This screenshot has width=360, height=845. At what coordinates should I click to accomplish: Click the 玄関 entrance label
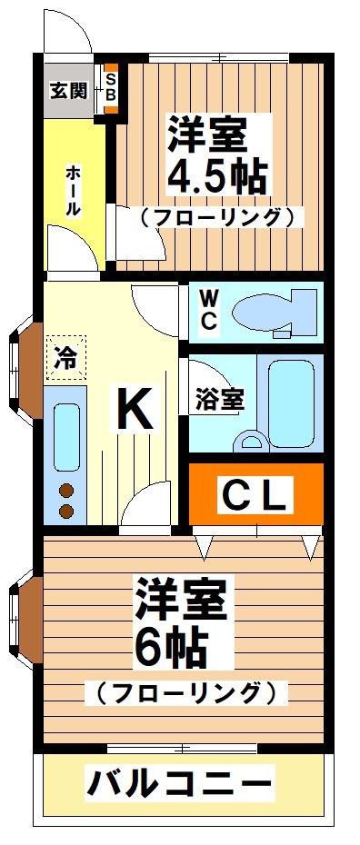click(68, 90)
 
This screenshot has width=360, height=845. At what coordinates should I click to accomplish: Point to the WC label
click(207, 310)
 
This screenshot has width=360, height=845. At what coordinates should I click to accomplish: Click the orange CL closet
click(255, 495)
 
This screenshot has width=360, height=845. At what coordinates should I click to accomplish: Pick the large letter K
click(134, 410)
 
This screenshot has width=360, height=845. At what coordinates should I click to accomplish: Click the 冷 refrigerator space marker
click(64, 356)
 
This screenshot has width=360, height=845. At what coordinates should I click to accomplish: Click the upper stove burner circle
click(66, 492)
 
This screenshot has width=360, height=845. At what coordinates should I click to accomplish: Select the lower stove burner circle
click(66, 512)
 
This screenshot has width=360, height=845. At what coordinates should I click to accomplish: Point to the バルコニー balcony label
click(179, 781)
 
